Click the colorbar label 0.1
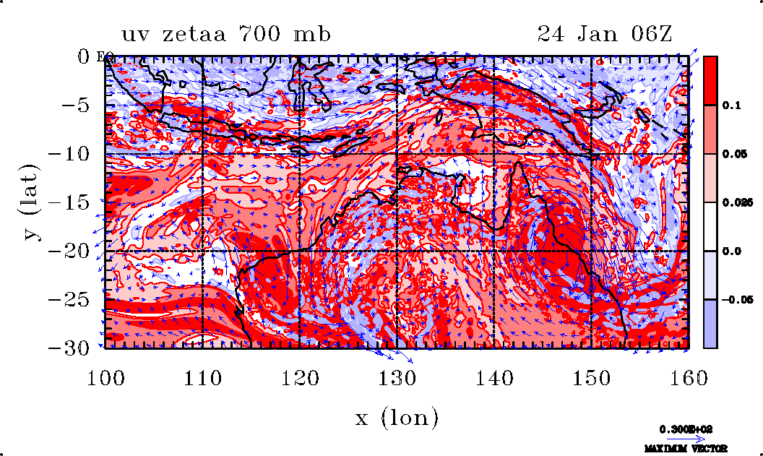click(x=730, y=105)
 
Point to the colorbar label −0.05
click(x=735, y=299)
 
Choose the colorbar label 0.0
click(x=730, y=251)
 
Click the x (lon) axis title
click(x=397, y=417)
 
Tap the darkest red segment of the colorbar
click(x=710, y=80)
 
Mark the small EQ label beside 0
click(x=101, y=57)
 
